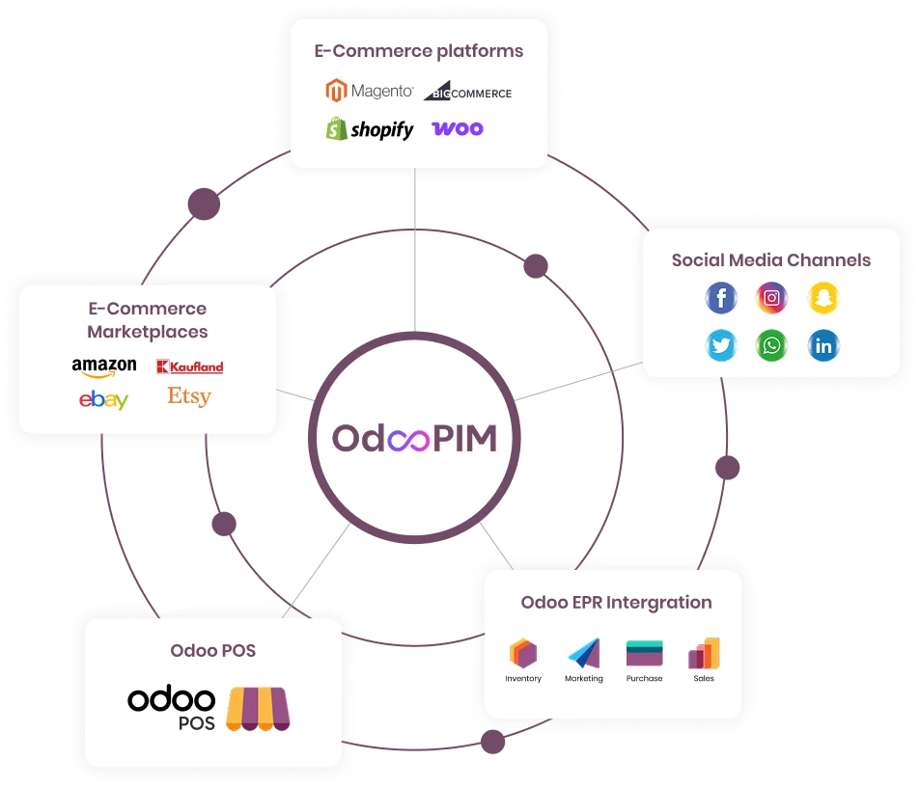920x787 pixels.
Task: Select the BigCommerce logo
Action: coord(467,92)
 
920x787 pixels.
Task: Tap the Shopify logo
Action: coord(370,129)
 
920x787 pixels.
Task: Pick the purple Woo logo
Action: coord(458,128)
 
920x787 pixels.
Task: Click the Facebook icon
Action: coord(721,298)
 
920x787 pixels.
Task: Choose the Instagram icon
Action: coord(772,298)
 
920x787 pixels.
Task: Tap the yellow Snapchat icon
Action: coord(823,298)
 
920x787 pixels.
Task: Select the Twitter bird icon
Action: coord(721,345)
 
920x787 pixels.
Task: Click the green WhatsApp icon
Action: coord(772,345)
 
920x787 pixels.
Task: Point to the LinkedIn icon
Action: coord(823,345)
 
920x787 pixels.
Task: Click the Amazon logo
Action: coord(103,368)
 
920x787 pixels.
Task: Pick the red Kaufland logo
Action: coord(189,366)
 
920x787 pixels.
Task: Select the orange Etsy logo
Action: coord(189,396)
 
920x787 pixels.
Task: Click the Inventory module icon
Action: coord(523,654)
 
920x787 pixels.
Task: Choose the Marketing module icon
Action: coord(584,654)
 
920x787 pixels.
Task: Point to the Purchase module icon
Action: coord(644,654)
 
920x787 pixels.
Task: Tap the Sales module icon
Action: coord(704,654)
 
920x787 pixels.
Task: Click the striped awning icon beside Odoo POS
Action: coord(257,709)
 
